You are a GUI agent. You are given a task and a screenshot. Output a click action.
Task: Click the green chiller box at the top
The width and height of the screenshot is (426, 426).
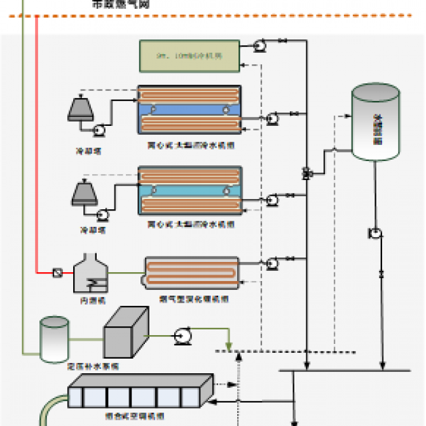pos(189,55)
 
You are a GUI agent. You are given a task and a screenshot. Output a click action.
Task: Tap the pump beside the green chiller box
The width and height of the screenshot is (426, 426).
pos(259,44)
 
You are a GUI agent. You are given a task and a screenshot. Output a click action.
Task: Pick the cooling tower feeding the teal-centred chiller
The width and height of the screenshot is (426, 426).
pos(85,193)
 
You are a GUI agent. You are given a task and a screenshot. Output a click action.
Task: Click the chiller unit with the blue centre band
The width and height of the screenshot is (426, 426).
pos(189,109)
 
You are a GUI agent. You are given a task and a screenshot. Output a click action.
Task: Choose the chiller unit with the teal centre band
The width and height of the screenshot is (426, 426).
pos(189,190)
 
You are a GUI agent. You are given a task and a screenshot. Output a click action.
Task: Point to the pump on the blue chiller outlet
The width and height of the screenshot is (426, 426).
pos(271,118)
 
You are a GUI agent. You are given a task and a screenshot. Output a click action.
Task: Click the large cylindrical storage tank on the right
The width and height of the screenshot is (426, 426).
pos(375,123)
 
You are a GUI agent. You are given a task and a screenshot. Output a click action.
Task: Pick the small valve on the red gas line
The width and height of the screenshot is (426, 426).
pos(56,273)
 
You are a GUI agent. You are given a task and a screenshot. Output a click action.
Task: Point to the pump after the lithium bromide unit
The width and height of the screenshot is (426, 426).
pos(271,262)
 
